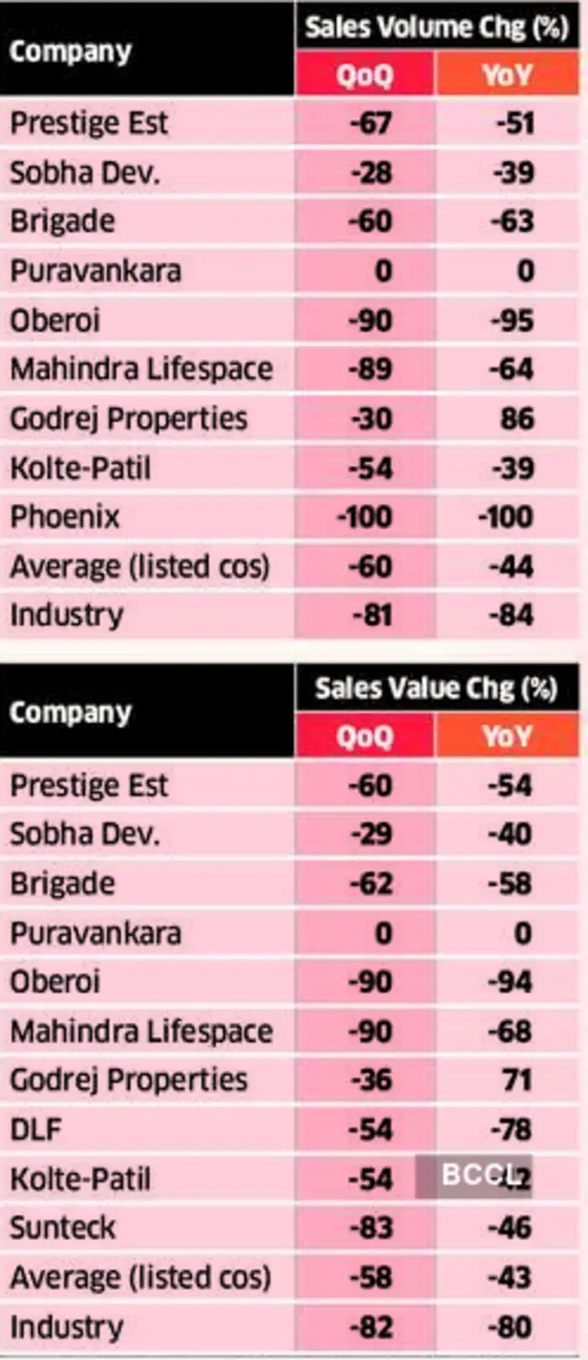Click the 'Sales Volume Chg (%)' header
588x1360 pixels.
[x=436, y=27]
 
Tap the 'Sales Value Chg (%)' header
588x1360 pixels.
[x=436, y=688]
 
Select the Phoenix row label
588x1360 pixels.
[x=65, y=516]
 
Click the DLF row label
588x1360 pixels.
[x=36, y=1129]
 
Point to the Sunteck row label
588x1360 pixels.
[x=63, y=1227]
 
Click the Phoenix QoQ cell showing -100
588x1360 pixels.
[x=365, y=516]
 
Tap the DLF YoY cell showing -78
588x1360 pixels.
[x=510, y=1129]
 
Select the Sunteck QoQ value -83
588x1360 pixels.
[x=370, y=1227]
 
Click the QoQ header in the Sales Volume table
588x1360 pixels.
[x=365, y=76]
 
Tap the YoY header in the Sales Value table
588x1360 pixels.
[x=507, y=737]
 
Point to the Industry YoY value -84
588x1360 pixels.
[x=510, y=615]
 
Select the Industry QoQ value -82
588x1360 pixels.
[x=370, y=1326]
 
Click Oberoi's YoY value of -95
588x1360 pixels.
[x=510, y=320]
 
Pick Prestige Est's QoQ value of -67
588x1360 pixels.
[x=370, y=123]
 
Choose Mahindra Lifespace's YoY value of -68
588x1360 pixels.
[x=510, y=1031]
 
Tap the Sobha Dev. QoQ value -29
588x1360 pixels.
[x=370, y=834]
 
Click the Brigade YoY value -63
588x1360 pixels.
[x=510, y=222]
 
